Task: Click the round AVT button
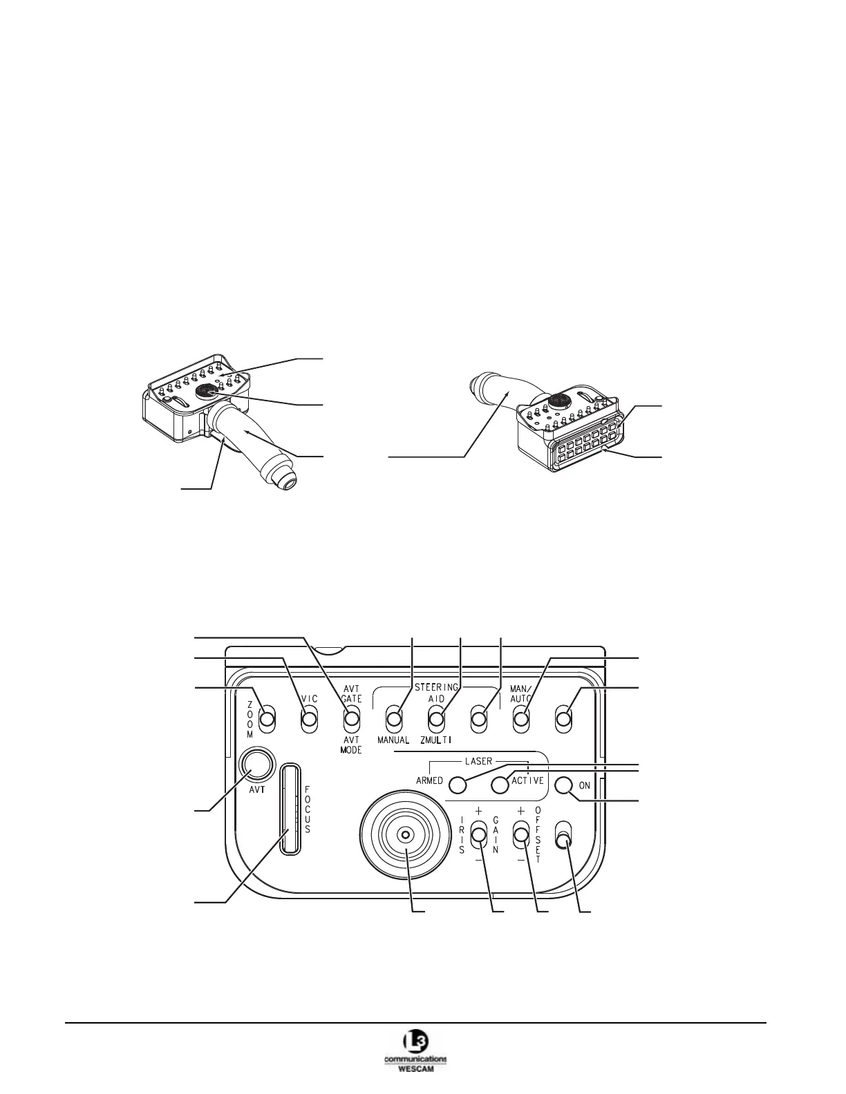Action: [x=255, y=765]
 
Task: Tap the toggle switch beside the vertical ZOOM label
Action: [x=267, y=720]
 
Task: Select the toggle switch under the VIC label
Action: [x=310, y=720]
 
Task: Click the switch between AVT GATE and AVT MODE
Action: [x=352, y=720]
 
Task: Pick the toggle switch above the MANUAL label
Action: [x=394, y=720]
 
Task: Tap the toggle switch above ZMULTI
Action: [x=436, y=720]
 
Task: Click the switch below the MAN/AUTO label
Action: [x=520, y=720]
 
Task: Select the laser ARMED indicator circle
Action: [x=457, y=785]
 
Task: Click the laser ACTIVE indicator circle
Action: [x=500, y=785]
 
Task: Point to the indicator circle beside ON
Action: [x=564, y=785]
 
